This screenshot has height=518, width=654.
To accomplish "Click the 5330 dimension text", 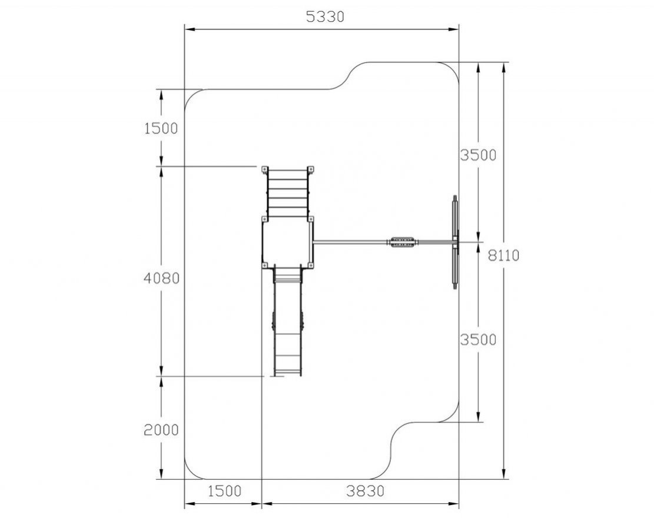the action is (x=325, y=16).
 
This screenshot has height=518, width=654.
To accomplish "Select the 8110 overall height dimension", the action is (x=504, y=255).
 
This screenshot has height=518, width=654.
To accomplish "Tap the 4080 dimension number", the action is (x=161, y=278).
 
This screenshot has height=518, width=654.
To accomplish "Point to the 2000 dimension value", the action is (x=161, y=430).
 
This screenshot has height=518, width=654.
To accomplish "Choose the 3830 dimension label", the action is (x=366, y=491).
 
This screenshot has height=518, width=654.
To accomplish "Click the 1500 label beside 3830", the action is (x=224, y=491).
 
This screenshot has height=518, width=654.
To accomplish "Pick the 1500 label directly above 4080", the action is (x=161, y=128).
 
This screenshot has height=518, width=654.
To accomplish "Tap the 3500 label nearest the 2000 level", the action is (x=479, y=340).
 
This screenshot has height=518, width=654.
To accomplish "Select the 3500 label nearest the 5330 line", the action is (x=479, y=155).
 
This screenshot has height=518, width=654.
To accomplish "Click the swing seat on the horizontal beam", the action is (x=402, y=242).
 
